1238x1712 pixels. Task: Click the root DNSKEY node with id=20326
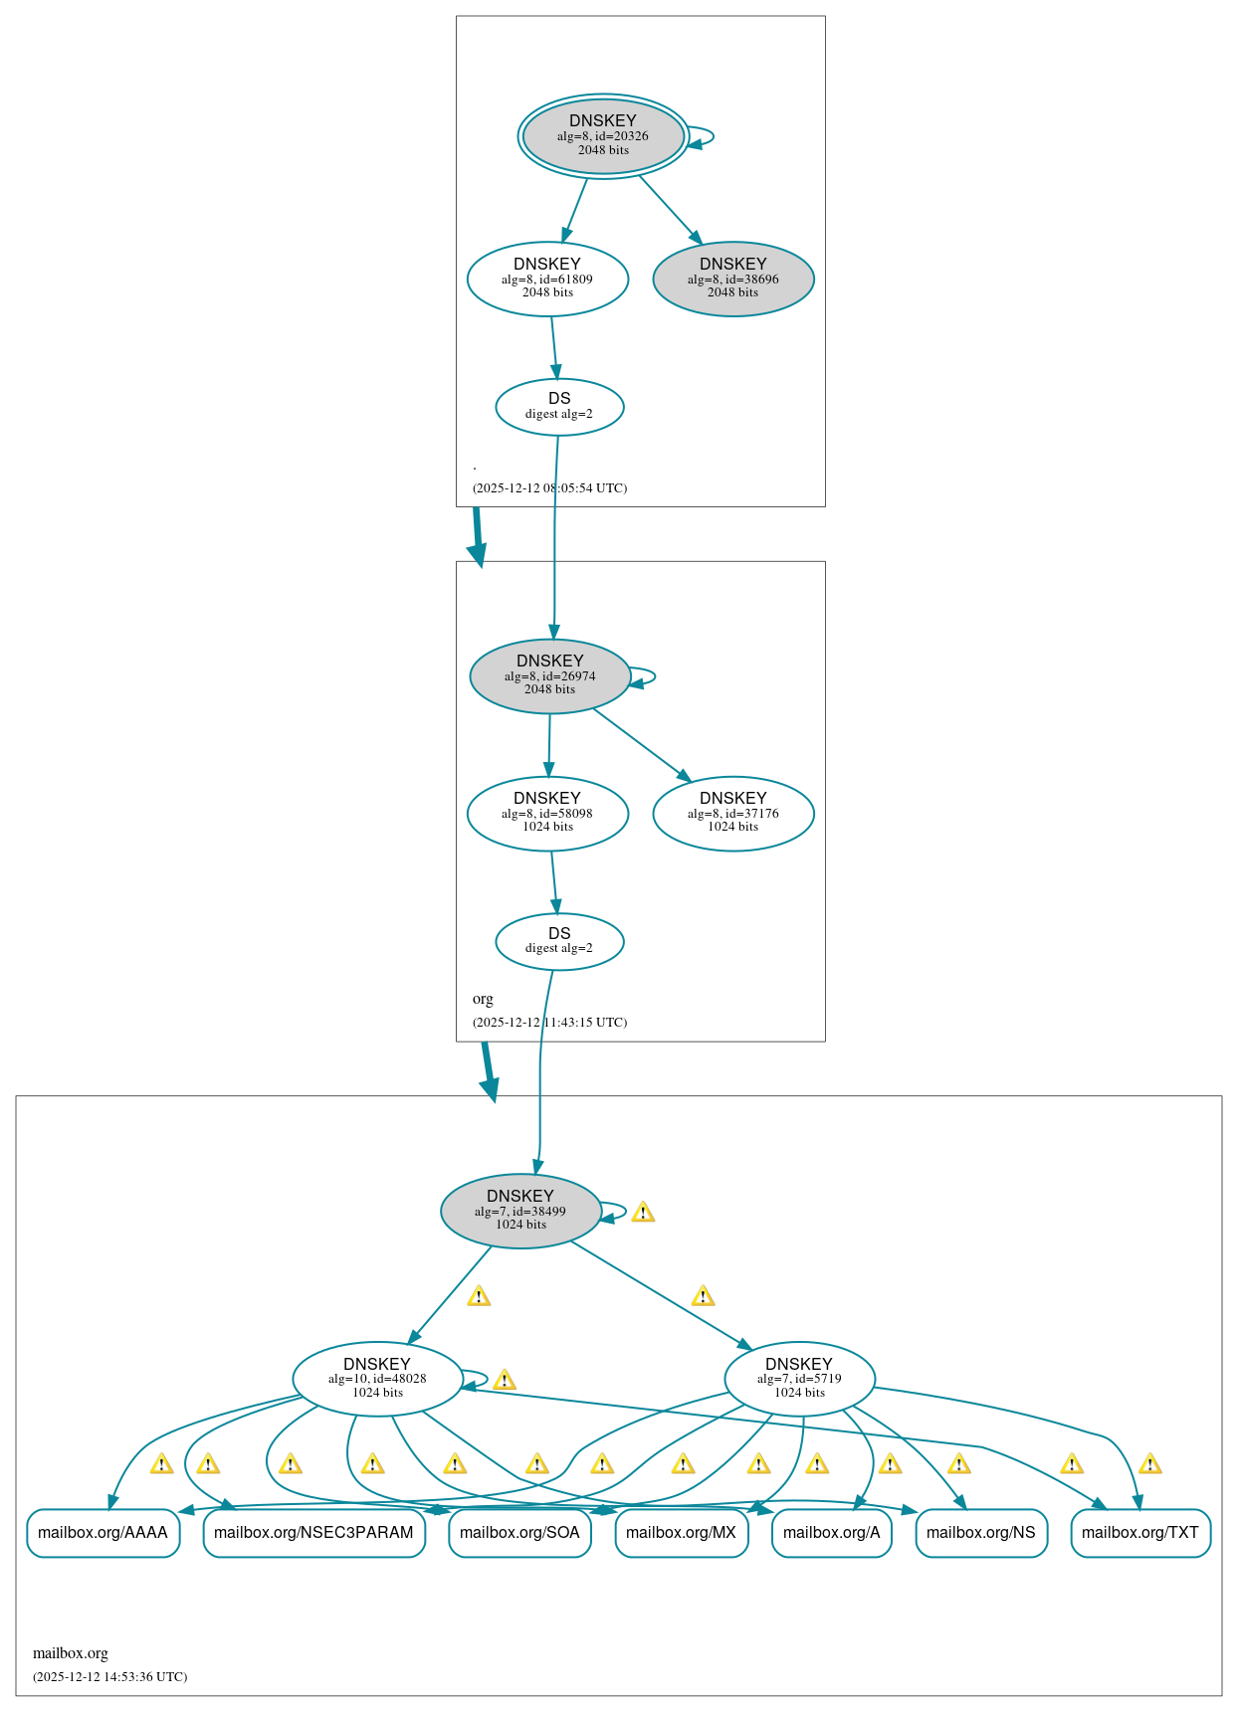point(603,136)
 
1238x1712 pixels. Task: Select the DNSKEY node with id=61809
point(547,279)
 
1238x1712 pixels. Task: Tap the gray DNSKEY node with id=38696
point(733,279)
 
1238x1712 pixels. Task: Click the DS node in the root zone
point(559,406)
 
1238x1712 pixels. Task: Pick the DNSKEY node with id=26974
point(549,675)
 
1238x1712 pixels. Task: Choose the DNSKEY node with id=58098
point(547,813)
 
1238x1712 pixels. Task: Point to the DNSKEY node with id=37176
point(733,813)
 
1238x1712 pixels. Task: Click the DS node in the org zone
point(559,940)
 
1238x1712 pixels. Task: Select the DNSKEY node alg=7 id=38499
point(520,1211)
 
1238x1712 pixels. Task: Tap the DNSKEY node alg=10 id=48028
point(377,1379)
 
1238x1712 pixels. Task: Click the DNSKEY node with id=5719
point(799,1379)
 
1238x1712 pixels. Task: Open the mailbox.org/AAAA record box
point(103,1532)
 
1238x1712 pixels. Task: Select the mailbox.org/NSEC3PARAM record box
point(313,1532)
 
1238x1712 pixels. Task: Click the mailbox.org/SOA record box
point(519,1532)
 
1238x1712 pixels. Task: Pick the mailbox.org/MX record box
point(681,1532)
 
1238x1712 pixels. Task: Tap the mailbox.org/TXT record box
point(1140,1532)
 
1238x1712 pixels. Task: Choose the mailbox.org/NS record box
point(980,1532)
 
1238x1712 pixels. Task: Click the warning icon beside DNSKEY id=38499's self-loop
point(643,1212)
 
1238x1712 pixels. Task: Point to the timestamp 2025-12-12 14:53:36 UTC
point(109,1676)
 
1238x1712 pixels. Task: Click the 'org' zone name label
point(483,998)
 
